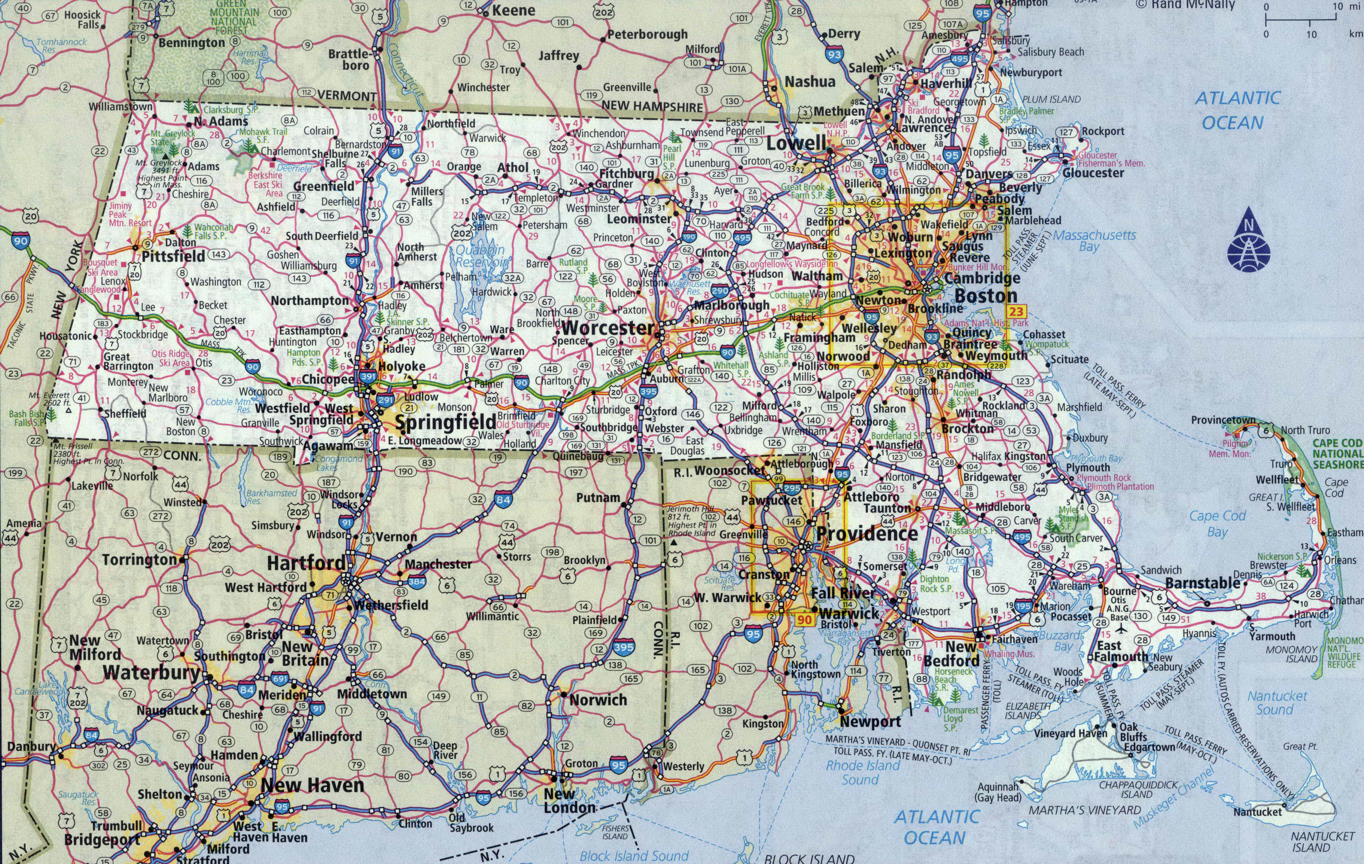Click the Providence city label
(x=867, y=534)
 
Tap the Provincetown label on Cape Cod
(x=1223, y=420)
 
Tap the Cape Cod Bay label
(x=1217, y=523)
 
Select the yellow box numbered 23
(x=1016, y=311)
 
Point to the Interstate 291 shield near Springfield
(x=386, y=400)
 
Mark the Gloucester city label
(x=1093, y=172)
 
